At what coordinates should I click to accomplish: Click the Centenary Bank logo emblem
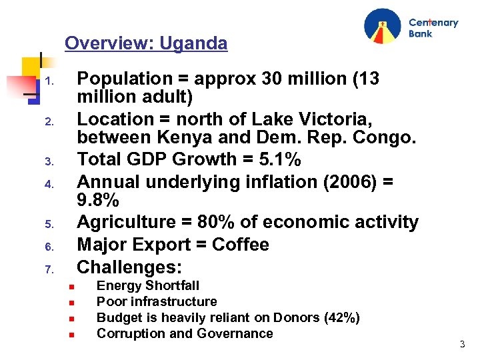tap(383, 27)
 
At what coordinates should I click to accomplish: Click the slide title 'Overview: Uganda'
tap(146, 44)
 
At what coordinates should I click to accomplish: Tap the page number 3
tap(461, 344)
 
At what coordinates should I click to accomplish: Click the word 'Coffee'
tap(240, 245)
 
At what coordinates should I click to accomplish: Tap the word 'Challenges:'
tap(129, 267)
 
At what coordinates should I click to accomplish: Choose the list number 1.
tap(49, 83)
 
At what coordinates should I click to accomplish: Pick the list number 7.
tap(49, 270)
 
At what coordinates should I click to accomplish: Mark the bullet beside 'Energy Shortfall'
tap(70, 287)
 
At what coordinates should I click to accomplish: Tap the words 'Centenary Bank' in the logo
tap(433, 27)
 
